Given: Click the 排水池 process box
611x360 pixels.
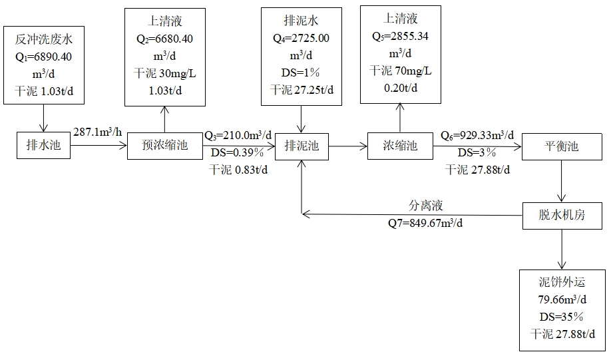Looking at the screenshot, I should pyautogui.click(x=43, y=145).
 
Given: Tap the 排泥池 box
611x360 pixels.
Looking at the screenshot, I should pyautogui.click(x=302, y=146).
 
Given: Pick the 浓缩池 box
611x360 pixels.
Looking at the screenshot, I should pyautogui.click(x=400, y=146).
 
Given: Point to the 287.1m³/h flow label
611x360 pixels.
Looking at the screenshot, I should pyautogui.click(x=97, y=132).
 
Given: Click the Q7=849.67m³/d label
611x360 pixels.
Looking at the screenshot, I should pyautogui.click(x=426, y=223).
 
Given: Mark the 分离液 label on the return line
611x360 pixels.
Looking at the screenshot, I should pyautogui.click(x=426, y=206).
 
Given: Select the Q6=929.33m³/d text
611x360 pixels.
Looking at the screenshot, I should pyautogui.click(x=479, y=136).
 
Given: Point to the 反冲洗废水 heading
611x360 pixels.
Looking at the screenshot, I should pyautogui.click(x=43, y=41).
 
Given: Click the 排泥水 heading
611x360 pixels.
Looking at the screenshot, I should pyautogui.click(x=302, y=22).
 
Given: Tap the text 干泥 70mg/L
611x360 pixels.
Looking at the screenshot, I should pyautogui.click(x=400, y=71).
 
